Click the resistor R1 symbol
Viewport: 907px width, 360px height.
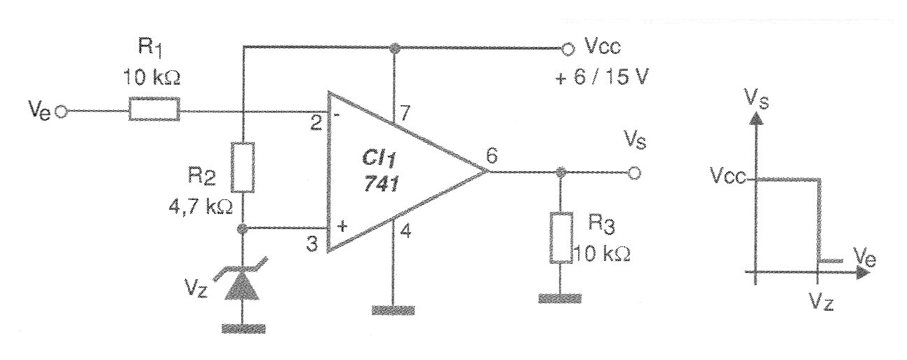point(154,109)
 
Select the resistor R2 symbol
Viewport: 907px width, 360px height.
point(243,167)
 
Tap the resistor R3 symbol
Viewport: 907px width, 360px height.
point(561,238)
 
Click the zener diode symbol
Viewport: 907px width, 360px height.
point(242,284)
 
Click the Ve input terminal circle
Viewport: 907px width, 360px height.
point(62,112)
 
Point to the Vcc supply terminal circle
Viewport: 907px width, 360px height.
point(568,49)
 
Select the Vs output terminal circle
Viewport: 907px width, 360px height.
point(635,173)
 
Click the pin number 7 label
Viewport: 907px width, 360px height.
point(405,113)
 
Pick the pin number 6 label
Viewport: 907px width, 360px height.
point(491,156)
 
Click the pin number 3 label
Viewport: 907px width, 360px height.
point(312,244)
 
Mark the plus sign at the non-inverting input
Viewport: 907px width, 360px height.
point(342,225)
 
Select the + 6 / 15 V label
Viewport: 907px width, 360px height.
point(602,77)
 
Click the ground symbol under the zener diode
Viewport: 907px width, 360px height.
point(243,328)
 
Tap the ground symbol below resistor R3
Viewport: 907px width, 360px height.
point(560,298)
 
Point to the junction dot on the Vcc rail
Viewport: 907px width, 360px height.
point(392,48)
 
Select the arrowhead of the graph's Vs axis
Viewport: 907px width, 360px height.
point(754,118)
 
